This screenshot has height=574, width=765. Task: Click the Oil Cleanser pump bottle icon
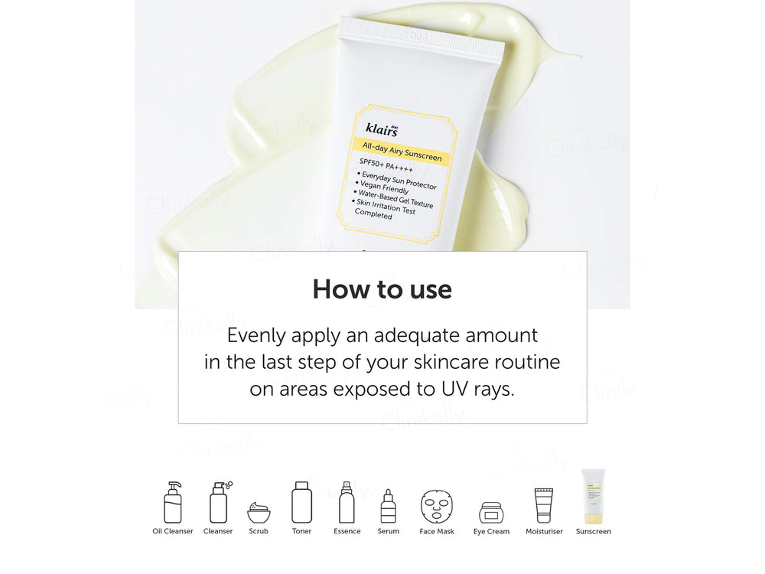pyautogui.click(x=173, y=502)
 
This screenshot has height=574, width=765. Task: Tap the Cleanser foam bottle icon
pyautogui.click(x=220, y=502)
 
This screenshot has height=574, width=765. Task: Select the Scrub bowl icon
pyautogui.click(x=259, y=513)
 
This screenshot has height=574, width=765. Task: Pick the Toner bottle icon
pyautogui.click(x=301, y=502)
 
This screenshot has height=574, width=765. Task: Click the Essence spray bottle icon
pyautogui.click(x=347, y=502)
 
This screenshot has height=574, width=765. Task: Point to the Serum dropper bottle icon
pyautogui.click(x=389, y=506)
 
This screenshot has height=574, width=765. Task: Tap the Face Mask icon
pyautogui.click(x=437, y=507)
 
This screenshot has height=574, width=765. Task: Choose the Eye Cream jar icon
pyautogui.click(x=491, y=513)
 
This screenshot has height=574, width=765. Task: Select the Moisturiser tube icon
pyautogui.click(x=543, y=506)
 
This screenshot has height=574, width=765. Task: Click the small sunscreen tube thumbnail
pyautogui.click(x=594, y=497)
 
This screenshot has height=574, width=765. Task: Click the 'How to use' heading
pyautogui.click(x=382, y=289)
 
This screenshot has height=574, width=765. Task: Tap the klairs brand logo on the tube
pyautogui.click(x=382, y=129)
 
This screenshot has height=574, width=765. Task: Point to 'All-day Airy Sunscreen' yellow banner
pyautogui.click(x=402, y=152)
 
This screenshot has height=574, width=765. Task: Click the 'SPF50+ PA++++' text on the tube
pyautogui.click(x=386, y=165)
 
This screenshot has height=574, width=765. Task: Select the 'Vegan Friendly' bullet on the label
pyautogui.click(x=382, y=187)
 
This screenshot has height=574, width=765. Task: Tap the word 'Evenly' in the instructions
pyautogui.click(x=256, y=336)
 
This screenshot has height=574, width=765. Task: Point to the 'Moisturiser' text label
pyautogui.click(x=544, y=531)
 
